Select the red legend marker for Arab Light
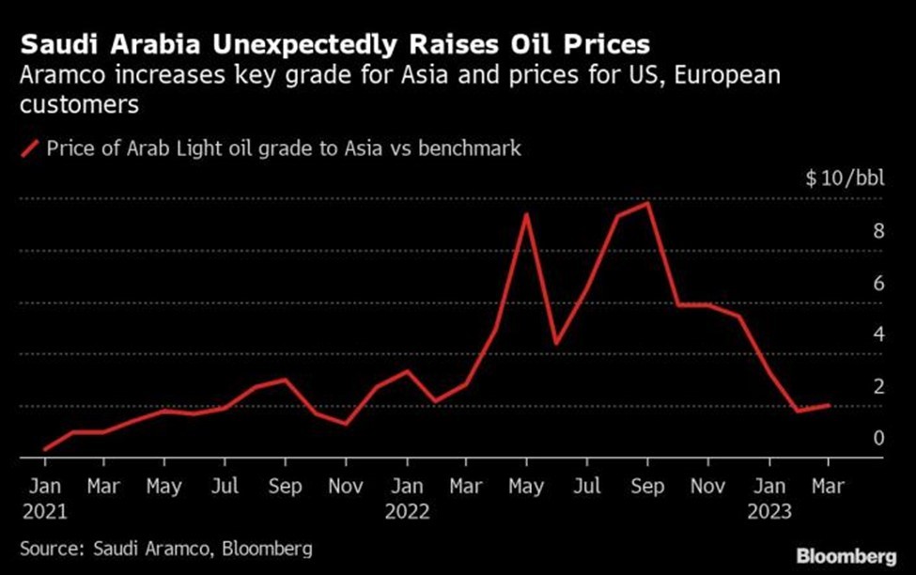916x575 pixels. [29, 148]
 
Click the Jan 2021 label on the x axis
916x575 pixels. [44, 498]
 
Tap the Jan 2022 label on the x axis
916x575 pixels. [407, 498]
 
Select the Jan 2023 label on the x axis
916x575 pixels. [769, 498]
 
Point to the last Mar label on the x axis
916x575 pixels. [829, 487]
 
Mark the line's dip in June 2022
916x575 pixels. [557, 343]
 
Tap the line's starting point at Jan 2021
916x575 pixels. [44, 450]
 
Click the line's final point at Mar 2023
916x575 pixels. [829, 405]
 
